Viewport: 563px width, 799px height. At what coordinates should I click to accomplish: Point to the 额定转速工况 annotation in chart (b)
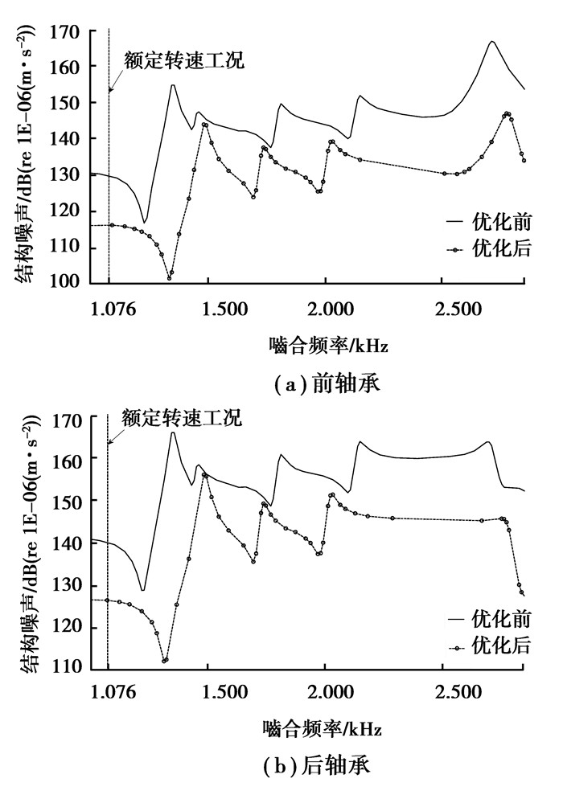(182, 418)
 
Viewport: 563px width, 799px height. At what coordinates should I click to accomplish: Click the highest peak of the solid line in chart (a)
(491, 41)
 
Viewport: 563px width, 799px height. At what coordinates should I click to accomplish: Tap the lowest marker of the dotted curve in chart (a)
(170, 278)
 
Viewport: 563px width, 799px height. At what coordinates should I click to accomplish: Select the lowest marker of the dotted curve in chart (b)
(164, 661)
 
